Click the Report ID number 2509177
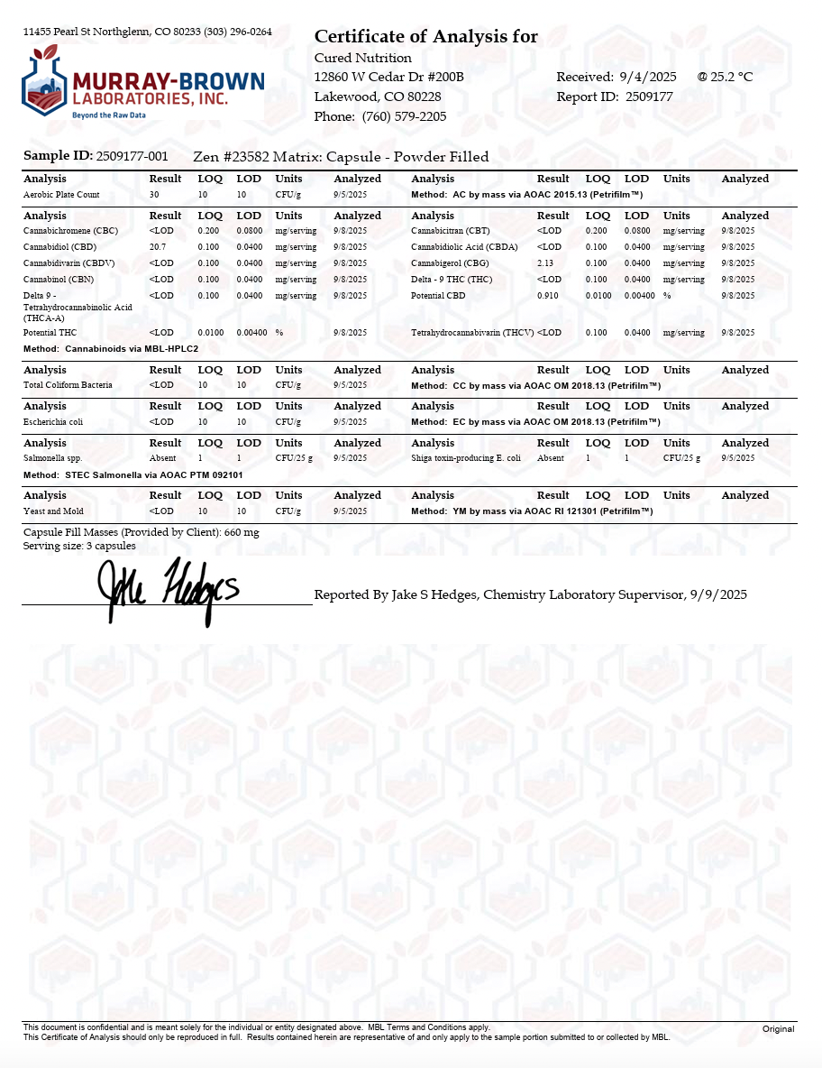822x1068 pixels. tap(649, 97)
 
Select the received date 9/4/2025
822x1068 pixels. tap(648, 77)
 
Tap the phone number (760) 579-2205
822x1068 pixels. tap(404, 116)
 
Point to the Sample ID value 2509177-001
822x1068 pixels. tap(132, 156)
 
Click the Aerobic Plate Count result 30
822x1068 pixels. tap(154, 195)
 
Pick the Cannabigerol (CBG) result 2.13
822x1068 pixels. tap(545, 263)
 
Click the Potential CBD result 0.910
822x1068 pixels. tap(547, 296)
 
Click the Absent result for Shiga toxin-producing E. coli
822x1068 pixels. tap(550, 458)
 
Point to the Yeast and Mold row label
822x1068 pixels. tap(53, 511)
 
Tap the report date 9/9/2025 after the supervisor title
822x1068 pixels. tap(717, 594)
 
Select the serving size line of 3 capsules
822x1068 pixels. tap(79, 546)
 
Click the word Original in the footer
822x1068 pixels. tap(778, 1029)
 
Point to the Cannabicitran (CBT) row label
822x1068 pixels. tap(451, 232)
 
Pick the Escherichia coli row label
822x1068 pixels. tap(53, 422)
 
